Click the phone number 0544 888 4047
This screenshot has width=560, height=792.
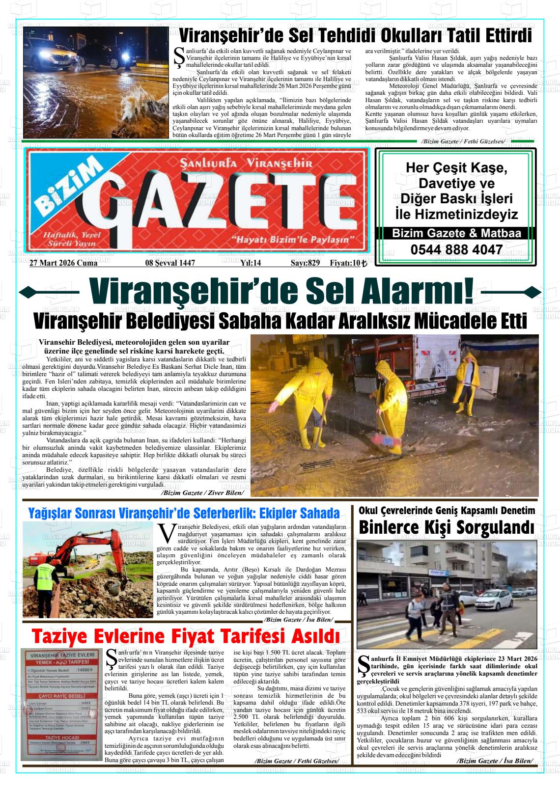[456, 249]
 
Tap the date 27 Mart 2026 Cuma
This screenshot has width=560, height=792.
[63, 263]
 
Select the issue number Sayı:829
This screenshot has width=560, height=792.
[305, 263]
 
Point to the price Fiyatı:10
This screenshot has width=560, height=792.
[348, 263]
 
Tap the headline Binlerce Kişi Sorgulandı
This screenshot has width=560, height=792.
[446, 528]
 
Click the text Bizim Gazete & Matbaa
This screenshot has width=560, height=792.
[456, 233]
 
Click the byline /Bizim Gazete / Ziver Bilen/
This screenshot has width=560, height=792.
[202, 492]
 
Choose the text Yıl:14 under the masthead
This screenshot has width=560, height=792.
[251, 263]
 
